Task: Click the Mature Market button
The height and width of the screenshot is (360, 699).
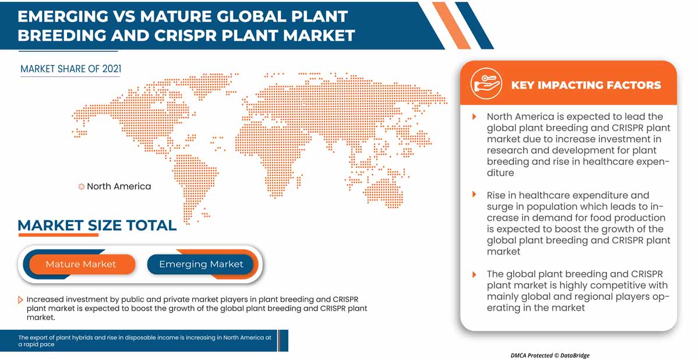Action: [x=81, y=264]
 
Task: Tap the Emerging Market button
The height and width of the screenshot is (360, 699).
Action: [x=201, y=264]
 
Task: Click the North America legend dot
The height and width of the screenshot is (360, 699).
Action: [x=82, y=187]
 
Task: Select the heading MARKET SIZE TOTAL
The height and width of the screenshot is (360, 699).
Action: [x=97, y=225]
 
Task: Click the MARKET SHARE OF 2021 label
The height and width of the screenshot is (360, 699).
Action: [x=70, y=69]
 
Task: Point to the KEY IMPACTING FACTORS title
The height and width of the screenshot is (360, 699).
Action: [x=585, y=85]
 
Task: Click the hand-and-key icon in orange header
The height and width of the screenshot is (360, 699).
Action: [x=487, y=84]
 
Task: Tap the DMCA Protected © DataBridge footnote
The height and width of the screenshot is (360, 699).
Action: [x=550, y=355]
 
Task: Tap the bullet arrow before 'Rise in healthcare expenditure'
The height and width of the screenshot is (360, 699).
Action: [x=475, y=195]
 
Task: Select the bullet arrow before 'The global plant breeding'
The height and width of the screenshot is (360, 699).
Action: [x=475, y=274]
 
